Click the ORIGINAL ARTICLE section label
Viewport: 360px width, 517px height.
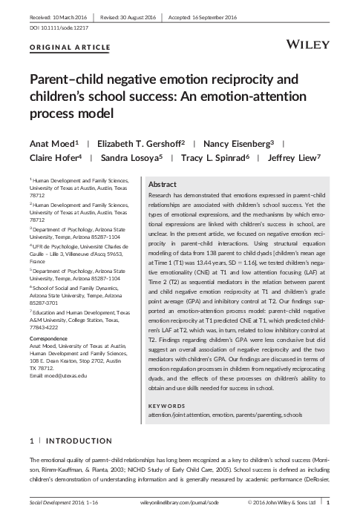[x=71, y=47]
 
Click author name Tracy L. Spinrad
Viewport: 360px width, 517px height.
[x=220, y=157]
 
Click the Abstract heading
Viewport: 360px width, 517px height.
[x=163, y=184]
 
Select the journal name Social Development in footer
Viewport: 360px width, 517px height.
[x=54, y=504]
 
